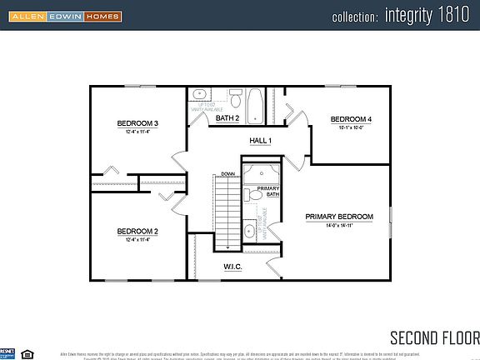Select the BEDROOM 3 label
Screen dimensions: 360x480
tap(137, 123)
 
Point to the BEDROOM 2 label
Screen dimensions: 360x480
tap(137, 231)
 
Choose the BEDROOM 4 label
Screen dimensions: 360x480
tap(351, 119)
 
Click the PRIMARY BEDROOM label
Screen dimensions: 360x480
tap(338, 217)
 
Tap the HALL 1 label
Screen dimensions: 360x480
tap(260, 141)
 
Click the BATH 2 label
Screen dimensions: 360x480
tap(227, 118)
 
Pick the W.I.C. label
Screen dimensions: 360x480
tap(232, 267)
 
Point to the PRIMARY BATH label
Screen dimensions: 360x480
tap(267, 192)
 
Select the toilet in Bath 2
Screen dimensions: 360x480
tap(236, 102)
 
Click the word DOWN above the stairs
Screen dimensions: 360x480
tap(227, 174)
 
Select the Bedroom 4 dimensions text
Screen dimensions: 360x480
tap(351, 128)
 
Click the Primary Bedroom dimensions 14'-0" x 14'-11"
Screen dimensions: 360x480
tap(338, 226)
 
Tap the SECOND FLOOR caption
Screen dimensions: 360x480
tap(434, 337)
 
